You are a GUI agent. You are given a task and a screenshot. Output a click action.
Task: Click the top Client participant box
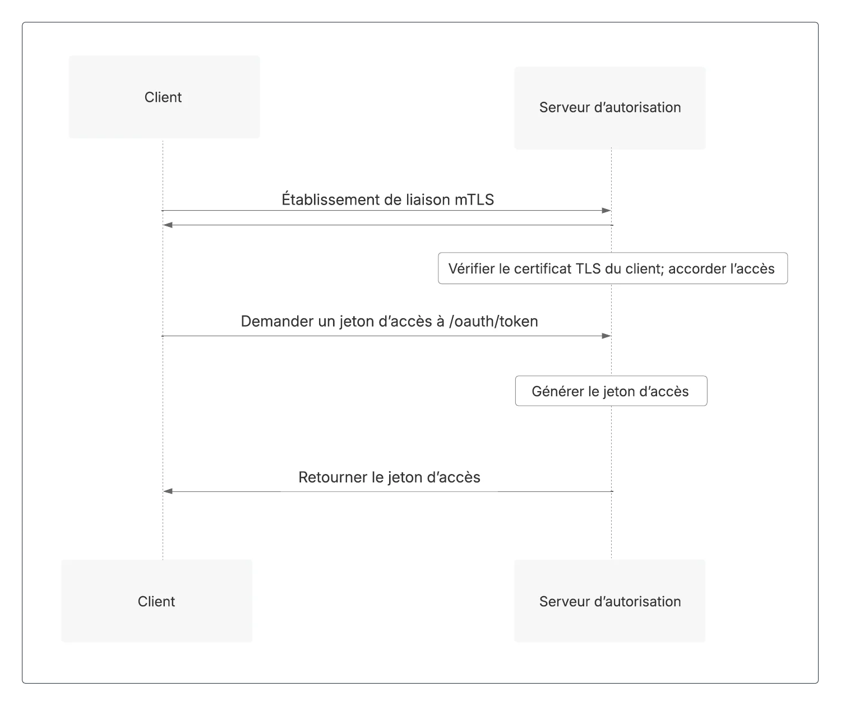(x=164, y=97)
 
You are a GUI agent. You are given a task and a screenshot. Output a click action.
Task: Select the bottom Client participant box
(x=156, y=601)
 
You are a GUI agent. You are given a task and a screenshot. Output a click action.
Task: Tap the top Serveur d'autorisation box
(x=610, y=108)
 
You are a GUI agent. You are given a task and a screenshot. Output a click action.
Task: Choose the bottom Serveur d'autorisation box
(x=610, y=601)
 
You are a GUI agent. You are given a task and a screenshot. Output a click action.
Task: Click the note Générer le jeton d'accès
(x=611, y=391)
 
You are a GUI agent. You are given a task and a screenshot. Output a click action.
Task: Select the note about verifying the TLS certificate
(x=613, y=268)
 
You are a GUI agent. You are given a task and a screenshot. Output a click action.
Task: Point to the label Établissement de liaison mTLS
(x=387, y=199)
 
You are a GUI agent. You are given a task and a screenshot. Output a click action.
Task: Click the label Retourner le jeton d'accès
(x=389, y=477)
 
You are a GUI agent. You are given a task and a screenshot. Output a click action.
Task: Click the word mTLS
(x=474, y=199)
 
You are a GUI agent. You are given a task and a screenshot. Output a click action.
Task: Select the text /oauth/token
(x=493, y=321)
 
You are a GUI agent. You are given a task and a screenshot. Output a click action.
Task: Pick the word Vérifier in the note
(x=472, y=268)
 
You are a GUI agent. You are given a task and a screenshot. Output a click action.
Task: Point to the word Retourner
(x=332, y=477)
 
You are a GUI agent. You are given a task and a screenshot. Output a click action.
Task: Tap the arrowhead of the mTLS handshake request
(x=607, y=211)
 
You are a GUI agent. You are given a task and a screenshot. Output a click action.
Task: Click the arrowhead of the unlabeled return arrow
(x=168, y=225)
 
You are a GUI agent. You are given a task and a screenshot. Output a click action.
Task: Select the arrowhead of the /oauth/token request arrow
(x=607, y=336)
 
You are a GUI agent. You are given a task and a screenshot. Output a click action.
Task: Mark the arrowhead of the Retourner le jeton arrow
(x=168, y=491)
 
